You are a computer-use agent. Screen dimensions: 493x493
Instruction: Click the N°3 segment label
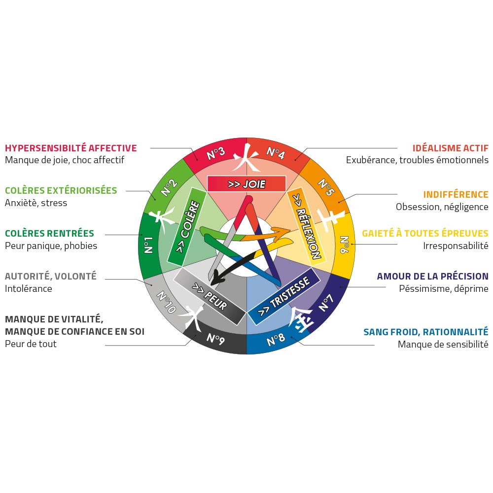[216, 153]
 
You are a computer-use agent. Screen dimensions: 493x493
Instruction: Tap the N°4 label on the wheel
[276, 153]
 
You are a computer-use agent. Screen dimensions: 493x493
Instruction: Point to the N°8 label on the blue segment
[276, 339]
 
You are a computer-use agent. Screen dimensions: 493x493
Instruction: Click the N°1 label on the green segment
[148, 245]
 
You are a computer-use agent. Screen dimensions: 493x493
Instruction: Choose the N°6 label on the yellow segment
[345, 245]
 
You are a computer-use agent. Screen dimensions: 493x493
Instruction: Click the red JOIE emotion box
[246, 183]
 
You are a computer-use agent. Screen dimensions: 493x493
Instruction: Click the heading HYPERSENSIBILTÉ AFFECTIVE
[70, 148]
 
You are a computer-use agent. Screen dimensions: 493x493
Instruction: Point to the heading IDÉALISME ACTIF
[450, 148]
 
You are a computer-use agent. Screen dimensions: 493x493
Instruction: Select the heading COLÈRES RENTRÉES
[49, 233]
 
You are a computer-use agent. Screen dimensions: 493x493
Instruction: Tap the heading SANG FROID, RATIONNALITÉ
[426, 332]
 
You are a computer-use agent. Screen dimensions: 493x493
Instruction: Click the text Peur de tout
[31, 344]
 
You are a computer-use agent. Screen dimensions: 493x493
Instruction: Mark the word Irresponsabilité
[456, 246]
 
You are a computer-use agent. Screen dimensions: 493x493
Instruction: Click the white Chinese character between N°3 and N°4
[246, 157]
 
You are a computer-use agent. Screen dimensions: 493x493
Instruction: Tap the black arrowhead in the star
[215, 280]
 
